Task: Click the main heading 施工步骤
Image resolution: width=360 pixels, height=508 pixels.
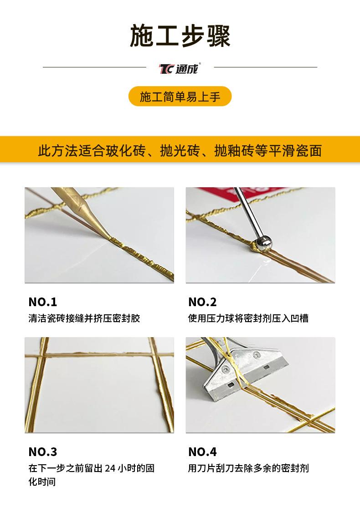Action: point(180,36)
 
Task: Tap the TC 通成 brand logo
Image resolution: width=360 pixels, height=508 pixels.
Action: point(180,68)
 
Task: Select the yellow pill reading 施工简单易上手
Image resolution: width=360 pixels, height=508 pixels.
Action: point(180,97)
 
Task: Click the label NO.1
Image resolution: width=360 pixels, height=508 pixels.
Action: point(43,302)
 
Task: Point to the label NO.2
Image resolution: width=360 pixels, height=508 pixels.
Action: point(202,302)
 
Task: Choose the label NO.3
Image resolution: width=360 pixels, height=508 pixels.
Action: point(43,452)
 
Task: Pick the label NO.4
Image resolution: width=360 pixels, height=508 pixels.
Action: point(202,452)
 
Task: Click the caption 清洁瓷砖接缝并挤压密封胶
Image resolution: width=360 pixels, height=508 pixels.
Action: point(84,318)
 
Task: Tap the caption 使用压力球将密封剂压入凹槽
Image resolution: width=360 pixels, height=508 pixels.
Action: point(248,318)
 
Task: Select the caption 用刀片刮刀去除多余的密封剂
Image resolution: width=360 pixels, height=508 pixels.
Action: point(248,468)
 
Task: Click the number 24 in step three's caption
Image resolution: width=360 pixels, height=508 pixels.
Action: point(110,468)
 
